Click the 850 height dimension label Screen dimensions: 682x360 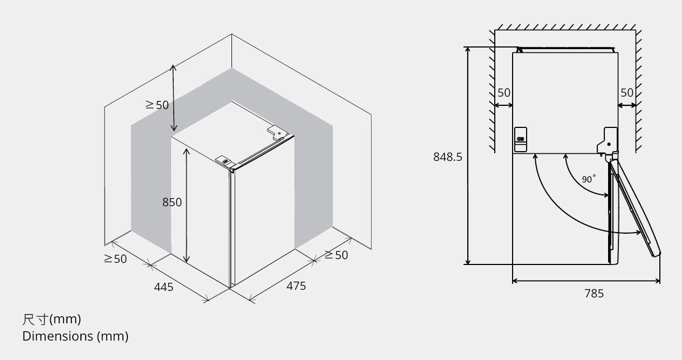172,202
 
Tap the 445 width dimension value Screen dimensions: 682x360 163,287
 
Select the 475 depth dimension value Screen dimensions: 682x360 296,286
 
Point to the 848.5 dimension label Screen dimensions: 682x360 448,157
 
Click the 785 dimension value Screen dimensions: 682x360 594,293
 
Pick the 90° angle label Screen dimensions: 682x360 589,179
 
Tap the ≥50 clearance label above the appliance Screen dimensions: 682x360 157,105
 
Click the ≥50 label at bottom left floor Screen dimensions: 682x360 115,259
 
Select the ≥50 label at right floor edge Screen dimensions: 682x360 336,255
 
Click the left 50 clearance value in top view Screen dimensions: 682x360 504,93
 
